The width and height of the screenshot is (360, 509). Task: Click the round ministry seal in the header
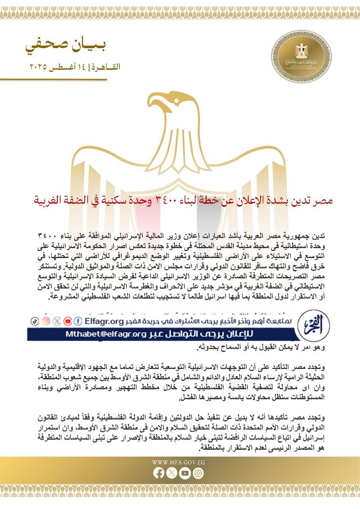coord(301,56)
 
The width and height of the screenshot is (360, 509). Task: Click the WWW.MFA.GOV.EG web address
coord(179,463)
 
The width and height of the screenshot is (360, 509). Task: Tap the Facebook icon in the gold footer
coord(159,473)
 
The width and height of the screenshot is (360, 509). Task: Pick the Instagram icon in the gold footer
coord(198,473)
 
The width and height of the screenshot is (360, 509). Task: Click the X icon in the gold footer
coord(172,473)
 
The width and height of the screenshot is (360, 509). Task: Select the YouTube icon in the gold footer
coord(185,473)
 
